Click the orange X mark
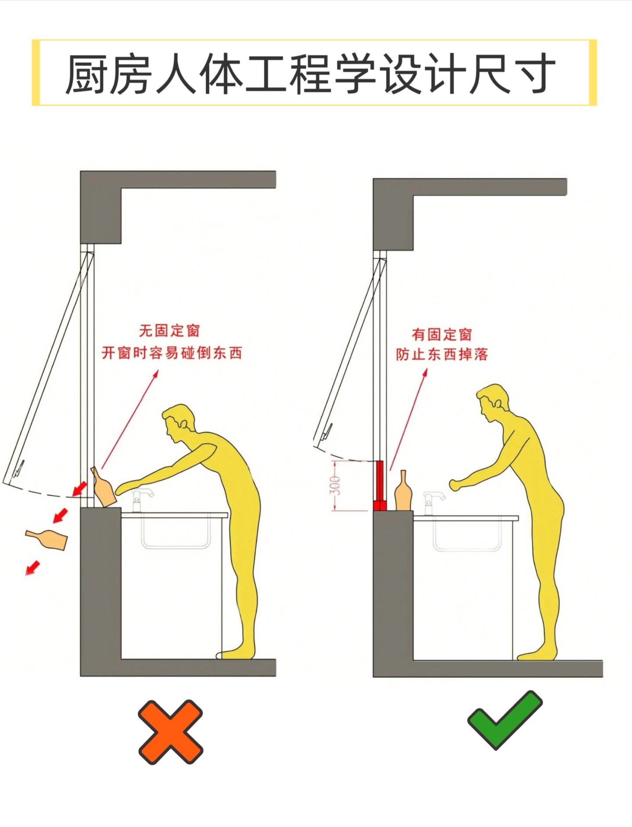click(x=170, y=732)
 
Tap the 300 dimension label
click(x=335, y=485)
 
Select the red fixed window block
click(x=379, y=486)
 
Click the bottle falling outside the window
click(x=47, y=539)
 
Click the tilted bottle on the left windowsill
click(x=103, y=487)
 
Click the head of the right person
click(x=492, y=403)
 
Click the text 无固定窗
click(x=169, y=331)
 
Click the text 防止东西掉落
click(x=442, y=354)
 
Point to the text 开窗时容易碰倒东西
click(x=172, y=352)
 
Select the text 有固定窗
click(x=442, y=334)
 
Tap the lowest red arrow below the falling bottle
click(x=32, y=567)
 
